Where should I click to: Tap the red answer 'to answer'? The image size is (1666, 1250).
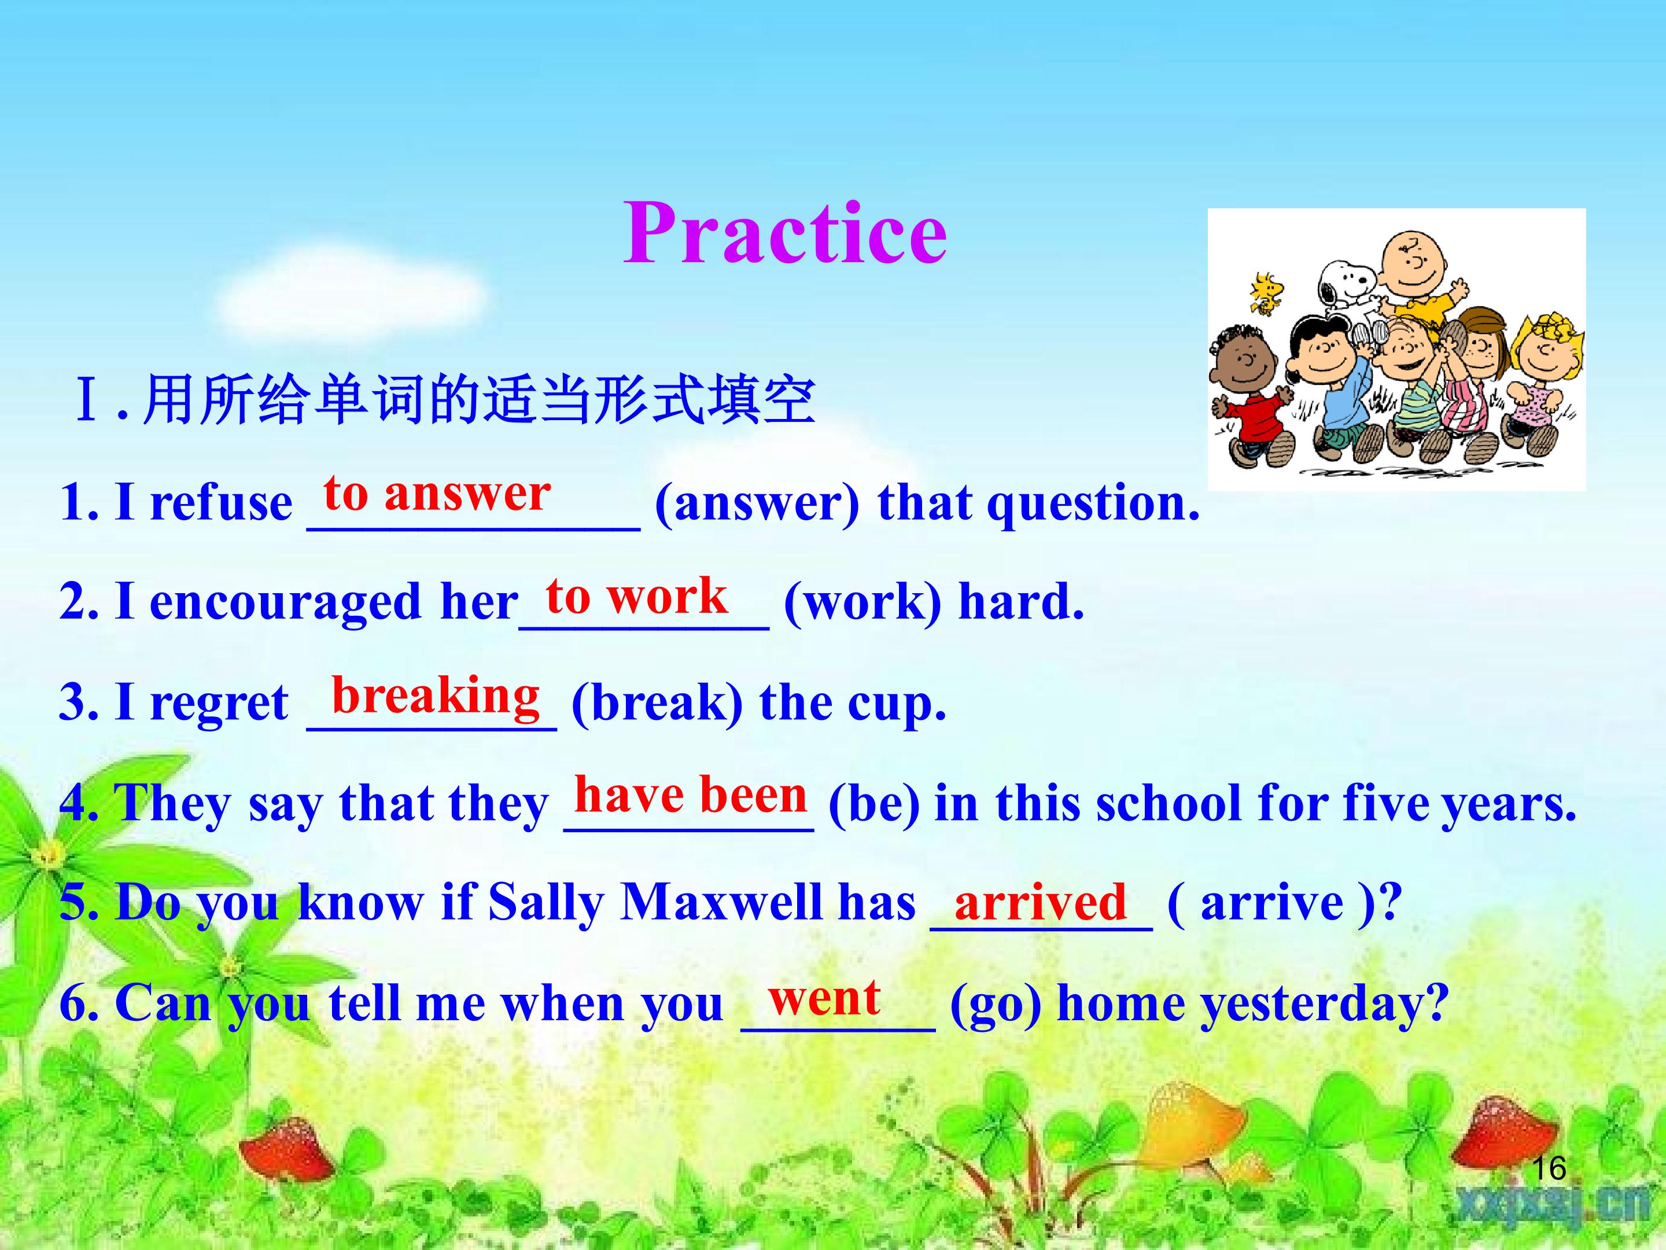pyautogui.click(x=437, y=494)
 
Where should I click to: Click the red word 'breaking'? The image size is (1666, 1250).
pyautogui.click(x=436, y=696)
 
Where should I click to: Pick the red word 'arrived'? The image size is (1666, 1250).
pyautogui.click(x=1040, y=901)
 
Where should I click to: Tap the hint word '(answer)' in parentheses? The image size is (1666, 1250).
pyautogui.click(x=757, y=503)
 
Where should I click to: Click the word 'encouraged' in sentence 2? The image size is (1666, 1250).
pyautogui.click(x=285, y=604)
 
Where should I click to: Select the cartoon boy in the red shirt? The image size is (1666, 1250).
pyautogui.click(x=1247, y=396)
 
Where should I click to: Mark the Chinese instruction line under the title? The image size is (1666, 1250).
pyautogui.click(x=444, y=399)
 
